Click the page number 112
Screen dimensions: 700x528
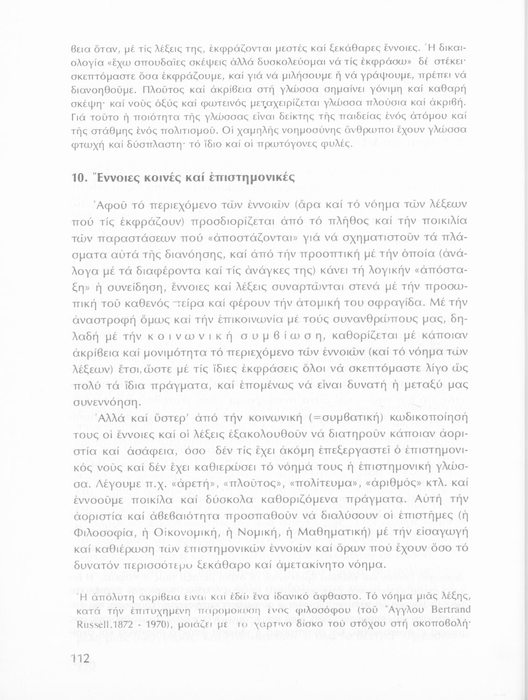click(x=79, y=658)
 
